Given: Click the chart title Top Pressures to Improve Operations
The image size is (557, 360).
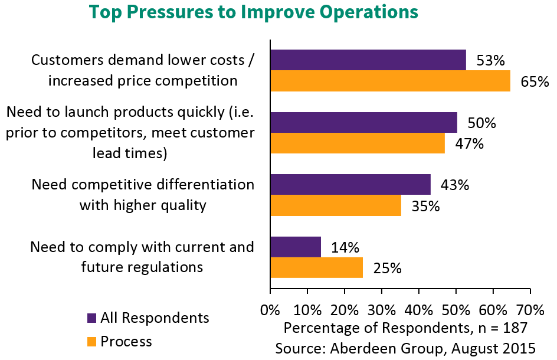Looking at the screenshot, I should point(253,12).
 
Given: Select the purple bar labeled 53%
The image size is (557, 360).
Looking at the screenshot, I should point(368,60).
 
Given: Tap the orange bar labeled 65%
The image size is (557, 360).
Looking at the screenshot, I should point(390,81).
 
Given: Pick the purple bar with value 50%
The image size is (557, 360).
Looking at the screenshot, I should point(363,122).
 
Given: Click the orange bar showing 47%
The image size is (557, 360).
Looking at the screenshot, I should point(358,143).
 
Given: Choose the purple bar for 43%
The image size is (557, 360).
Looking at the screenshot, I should point(350,184).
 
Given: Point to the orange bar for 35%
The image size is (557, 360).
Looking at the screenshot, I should point(336,205).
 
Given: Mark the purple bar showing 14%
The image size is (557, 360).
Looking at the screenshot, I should point(296,247).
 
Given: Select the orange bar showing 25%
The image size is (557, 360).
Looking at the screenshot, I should point(317,267).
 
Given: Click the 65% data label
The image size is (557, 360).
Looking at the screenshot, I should point(535,82).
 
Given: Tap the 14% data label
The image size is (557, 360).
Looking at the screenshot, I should point(345,247).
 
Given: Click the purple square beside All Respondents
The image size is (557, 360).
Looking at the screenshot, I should point(91,318).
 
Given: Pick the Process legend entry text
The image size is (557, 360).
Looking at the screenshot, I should point(126,341).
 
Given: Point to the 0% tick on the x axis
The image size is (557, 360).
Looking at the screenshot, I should point(270,309).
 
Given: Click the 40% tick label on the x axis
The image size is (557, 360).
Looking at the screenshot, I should point(418,309).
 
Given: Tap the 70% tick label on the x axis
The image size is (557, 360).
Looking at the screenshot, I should point(530,309).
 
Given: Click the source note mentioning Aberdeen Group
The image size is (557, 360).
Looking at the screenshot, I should point(405,348).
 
